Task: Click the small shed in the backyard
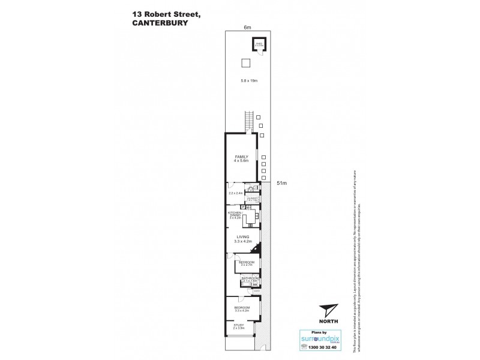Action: coord(259,46)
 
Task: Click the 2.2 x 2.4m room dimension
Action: coord(236,193)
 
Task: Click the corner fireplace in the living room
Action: coord(257,251)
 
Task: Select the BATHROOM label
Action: coord(250,278)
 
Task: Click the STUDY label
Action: coord(239,325)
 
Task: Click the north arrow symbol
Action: coord(328,311)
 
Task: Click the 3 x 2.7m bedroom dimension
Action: coord(247,265)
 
